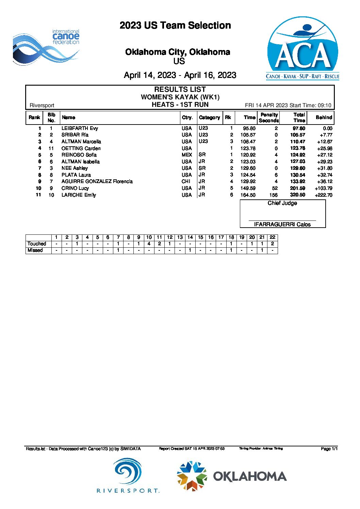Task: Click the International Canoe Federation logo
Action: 46,47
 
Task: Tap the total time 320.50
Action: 297,195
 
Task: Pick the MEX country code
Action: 187,155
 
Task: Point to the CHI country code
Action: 186,181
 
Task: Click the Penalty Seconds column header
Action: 269,118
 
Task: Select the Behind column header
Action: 324,117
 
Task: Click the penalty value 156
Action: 273,195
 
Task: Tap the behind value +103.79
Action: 323,188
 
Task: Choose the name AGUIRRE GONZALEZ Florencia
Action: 97,181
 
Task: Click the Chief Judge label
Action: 282,203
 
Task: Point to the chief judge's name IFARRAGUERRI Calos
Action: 282,224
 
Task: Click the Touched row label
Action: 37,244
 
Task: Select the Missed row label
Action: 35,250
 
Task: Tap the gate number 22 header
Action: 272,237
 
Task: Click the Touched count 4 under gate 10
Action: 149,244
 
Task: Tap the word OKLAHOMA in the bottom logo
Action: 250,476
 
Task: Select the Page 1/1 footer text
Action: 329,449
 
